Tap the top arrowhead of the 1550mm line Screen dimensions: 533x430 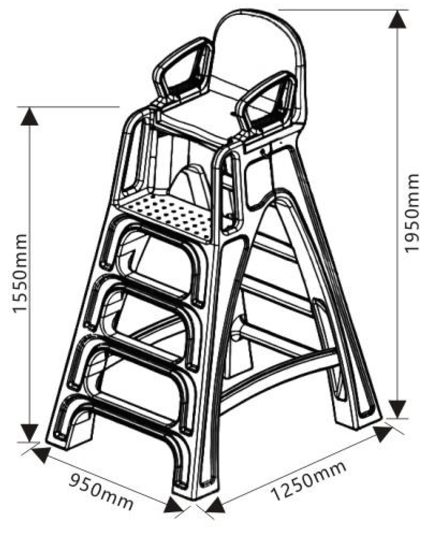coord(29,116)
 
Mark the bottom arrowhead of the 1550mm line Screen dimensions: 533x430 coord(29,432)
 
